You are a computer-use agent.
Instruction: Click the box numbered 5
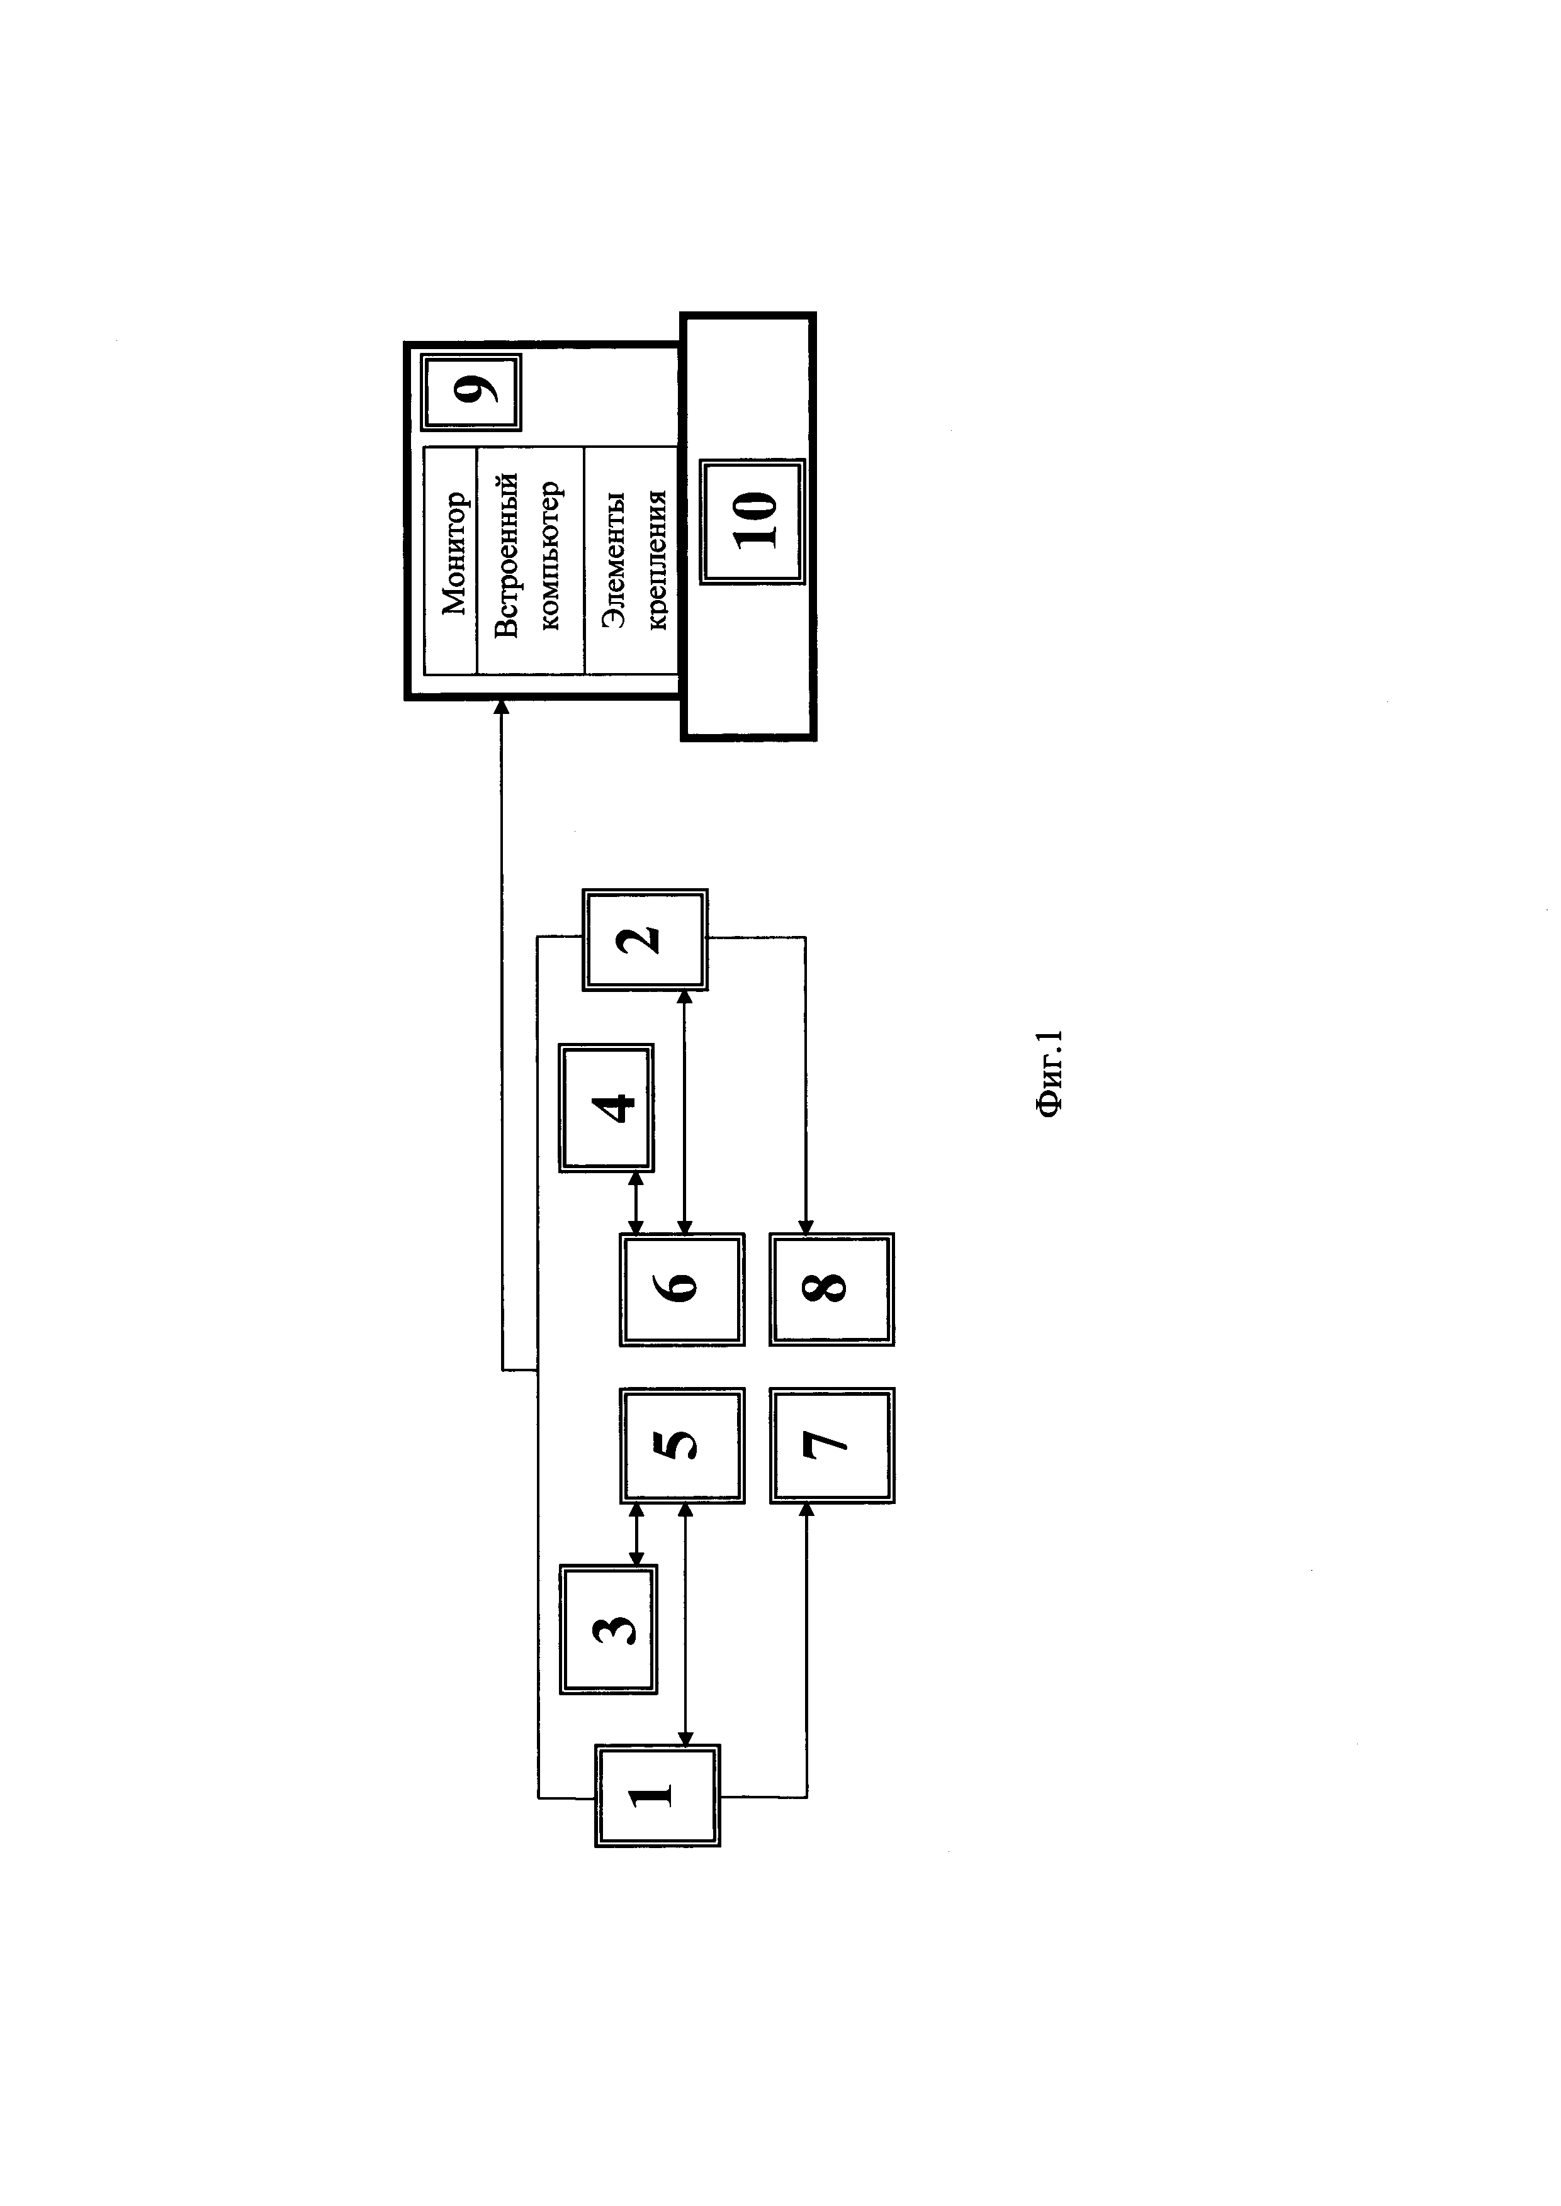[682, 1445]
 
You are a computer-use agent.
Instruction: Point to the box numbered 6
[682, 1288]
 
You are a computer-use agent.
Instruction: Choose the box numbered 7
[831, 1445]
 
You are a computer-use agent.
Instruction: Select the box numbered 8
[831, 1288]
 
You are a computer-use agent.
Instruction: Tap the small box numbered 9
[471, 392]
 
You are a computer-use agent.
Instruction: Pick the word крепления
[658, 560]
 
